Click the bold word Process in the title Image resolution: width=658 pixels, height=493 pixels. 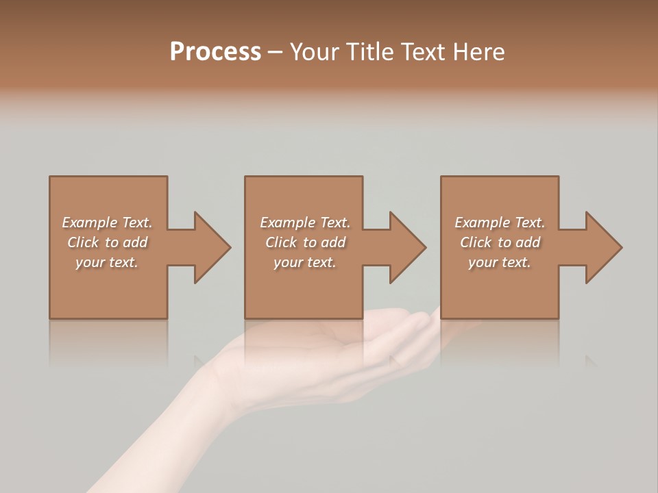click(215, 52)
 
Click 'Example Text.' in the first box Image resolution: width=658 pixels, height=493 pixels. click(107, 223)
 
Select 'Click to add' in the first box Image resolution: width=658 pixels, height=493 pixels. click(107, 242)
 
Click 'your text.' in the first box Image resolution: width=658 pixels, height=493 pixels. click(107, 262)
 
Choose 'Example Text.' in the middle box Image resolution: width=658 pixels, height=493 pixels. click(305, 223)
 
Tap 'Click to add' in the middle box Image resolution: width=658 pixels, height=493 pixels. click(305, 242)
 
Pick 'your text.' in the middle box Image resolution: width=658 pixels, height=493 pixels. click(305, 262)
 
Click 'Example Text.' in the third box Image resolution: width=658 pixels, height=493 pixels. click(500, 223)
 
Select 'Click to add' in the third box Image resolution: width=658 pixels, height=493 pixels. click(500, 242)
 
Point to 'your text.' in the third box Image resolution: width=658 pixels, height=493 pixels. click(500, 262)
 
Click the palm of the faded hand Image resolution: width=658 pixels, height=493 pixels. click(322, 356)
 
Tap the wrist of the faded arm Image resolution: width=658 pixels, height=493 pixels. click(206, 390)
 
